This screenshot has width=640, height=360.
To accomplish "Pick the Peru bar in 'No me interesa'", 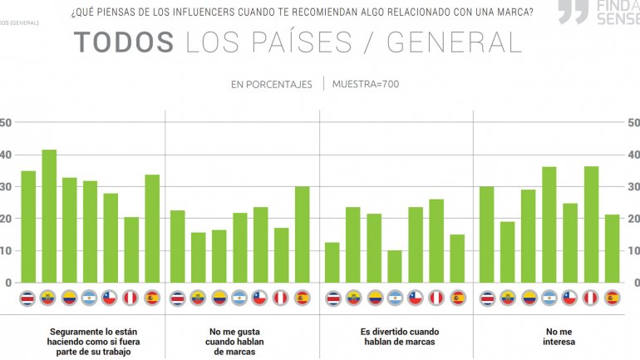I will click(591, 224).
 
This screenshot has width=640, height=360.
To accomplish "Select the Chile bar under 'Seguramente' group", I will click(111, 238).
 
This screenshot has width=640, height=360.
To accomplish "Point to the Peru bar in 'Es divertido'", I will click(436, 241).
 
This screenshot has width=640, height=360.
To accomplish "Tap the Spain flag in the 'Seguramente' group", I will click(152, 298).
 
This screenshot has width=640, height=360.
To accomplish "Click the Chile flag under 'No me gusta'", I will click(260, 298).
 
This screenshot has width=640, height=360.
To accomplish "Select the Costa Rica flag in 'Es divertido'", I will click(332, 298).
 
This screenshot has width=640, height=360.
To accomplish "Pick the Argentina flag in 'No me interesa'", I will click(549, 298).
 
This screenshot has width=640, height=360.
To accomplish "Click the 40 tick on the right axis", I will click(633, 155).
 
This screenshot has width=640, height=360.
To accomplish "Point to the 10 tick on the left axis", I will click(7, 250).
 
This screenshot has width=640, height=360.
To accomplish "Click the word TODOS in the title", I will click(124, 43).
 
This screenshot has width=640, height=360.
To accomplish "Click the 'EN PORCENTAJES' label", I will click(272, 84).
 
